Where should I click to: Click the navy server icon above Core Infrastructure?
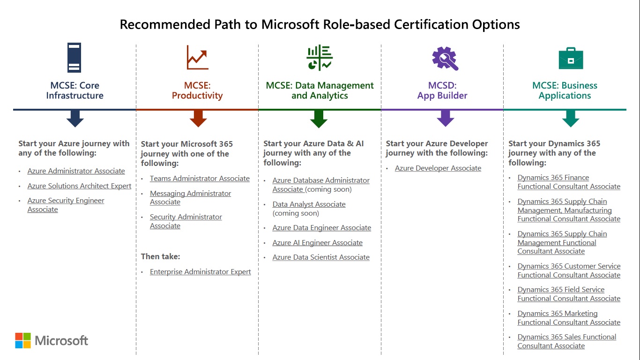click(74, 58)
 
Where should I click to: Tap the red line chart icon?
click(197, 58)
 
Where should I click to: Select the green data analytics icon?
click(320, 58)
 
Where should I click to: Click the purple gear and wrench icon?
click(445, 59)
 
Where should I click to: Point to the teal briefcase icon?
click(571, 59)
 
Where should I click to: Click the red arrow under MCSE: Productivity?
click(198, 118)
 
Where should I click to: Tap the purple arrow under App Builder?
click(445, 118)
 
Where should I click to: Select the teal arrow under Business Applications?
click(571, 118)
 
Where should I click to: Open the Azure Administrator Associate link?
click(76, 171)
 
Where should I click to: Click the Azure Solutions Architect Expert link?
click(79, 186)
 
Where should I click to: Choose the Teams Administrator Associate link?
click(200, 179)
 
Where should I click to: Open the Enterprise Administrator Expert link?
click(200, 272)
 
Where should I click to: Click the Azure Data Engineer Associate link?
click(321, 228)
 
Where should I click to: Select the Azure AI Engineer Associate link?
click(317, 243)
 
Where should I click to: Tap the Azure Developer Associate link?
click(438, 168)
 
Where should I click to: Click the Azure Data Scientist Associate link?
click(321, 257)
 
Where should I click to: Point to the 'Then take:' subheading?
click(160, 256)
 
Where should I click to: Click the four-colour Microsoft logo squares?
click(23, 341)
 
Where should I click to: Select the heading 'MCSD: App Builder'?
click(442, 90)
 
